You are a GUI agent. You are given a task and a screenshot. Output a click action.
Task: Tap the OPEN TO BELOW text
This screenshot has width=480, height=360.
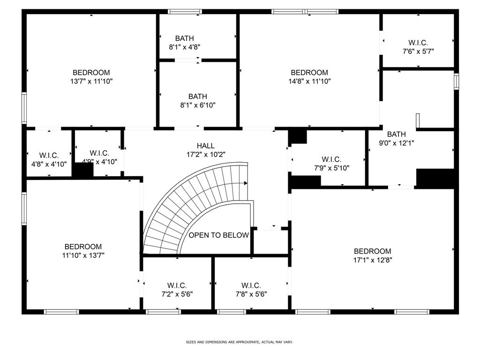(x=218, y=235)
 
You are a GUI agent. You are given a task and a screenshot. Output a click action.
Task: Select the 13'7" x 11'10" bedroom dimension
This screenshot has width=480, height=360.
(x=91, y=81)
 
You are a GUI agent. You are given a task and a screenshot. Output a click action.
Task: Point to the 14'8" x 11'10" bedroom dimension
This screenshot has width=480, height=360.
(x=309, y=81)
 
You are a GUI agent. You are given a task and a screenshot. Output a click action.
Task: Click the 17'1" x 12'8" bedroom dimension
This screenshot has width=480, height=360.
(x=372, y=260)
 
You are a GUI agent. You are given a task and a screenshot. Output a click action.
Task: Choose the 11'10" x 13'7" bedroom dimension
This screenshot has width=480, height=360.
(x=83, y=255)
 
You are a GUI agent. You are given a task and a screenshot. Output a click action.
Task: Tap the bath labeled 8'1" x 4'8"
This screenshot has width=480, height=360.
(x=185, y=47)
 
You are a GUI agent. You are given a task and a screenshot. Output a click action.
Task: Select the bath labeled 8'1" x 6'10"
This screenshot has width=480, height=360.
(x=197, y=105)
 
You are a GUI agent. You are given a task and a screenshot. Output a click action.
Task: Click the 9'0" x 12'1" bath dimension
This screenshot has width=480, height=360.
(x=396, y=143)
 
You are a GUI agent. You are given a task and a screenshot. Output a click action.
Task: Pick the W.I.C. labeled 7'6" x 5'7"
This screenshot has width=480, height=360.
(x=418, y=51)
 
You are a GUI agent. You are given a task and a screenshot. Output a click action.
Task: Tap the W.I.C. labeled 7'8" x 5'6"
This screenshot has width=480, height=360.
(x=251, y=294)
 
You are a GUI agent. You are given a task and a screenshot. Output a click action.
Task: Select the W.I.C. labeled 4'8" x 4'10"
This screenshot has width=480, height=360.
(x=49, y=164)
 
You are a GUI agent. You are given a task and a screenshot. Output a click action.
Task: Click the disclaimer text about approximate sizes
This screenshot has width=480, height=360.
(x=240, y=342)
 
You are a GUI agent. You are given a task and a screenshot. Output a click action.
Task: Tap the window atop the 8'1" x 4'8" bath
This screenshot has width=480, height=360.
(x=185, y=11)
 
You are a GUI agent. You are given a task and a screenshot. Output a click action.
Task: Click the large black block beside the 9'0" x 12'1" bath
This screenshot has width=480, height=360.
(x=435, y=178)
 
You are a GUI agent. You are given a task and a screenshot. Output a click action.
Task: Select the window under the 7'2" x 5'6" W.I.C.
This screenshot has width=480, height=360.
(x=163, y=311)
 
